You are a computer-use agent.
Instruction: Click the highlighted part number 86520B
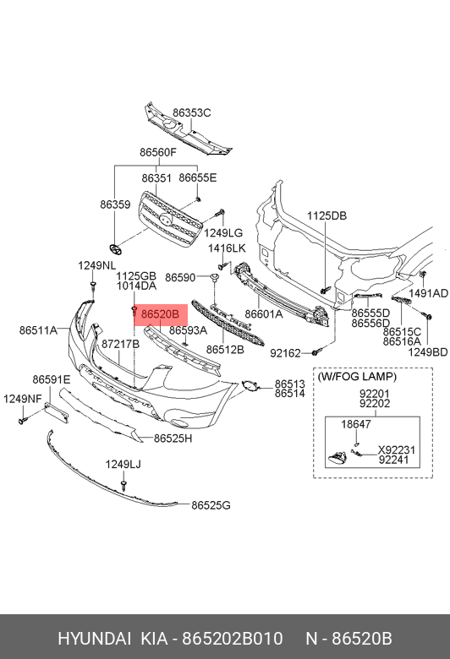tap(160, 314)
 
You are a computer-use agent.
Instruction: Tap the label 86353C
tap(191, 112)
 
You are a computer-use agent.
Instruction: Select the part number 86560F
tap(158, 152)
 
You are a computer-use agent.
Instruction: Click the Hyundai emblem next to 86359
tap(114, 249)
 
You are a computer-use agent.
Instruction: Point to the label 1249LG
tap(223, 233)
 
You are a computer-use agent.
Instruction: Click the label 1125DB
tap(327, 215)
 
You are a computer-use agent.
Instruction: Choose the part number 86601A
tap(264, 314)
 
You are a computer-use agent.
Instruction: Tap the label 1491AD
tap(428, 293)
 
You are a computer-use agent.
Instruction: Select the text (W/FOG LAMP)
tap(357, 377)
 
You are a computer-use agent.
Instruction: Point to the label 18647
tap(356, 424)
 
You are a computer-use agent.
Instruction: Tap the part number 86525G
tap(211, 505)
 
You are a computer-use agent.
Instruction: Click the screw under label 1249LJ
tap(123, 485)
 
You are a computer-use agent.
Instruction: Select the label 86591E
tap(52, 379)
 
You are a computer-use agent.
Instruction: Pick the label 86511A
tap(38, 330)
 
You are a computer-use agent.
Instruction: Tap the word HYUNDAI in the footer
tap(94, 639)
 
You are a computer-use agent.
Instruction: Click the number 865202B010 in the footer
tap(232, 639)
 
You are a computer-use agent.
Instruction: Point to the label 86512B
tap(225, 349)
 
